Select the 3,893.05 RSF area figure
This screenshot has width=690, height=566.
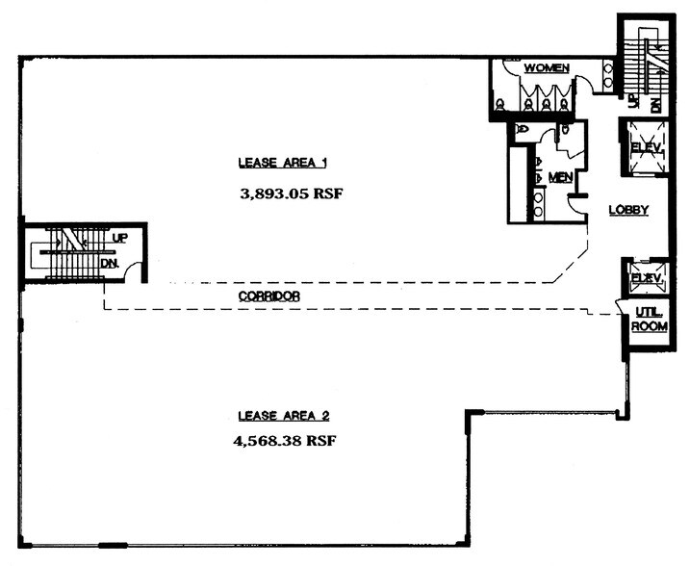291,193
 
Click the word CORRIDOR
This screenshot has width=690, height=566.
268,296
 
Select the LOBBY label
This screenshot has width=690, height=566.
627,210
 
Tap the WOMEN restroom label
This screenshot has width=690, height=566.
546,68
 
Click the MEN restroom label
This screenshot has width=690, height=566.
560,178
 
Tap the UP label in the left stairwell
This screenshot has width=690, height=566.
120,237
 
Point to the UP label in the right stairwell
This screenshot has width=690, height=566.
632,101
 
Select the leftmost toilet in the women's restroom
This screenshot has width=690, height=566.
499,104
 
